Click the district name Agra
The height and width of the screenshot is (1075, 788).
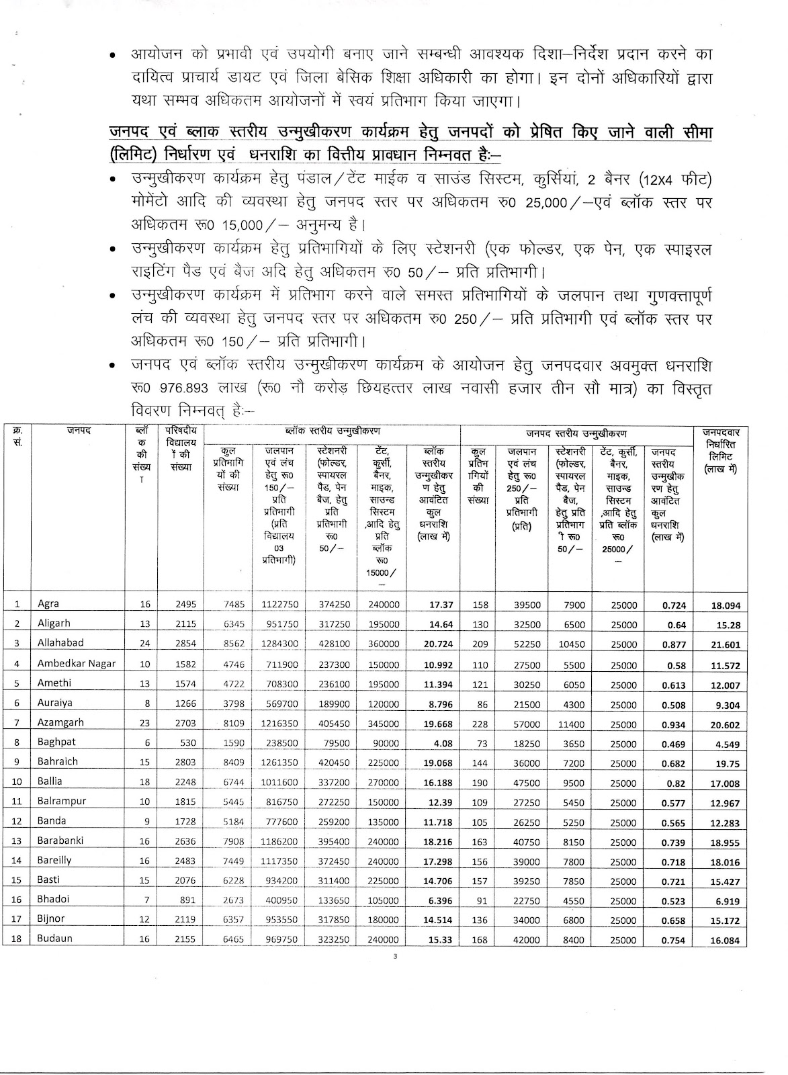[x=49, y=603]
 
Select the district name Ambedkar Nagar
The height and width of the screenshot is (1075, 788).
[x=77, y=663]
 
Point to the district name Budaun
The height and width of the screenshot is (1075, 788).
[x=55, y=939]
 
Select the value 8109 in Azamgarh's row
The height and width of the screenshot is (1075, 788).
[x=230, y=724]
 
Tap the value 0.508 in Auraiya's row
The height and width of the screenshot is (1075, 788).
[x=674, y=705]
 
